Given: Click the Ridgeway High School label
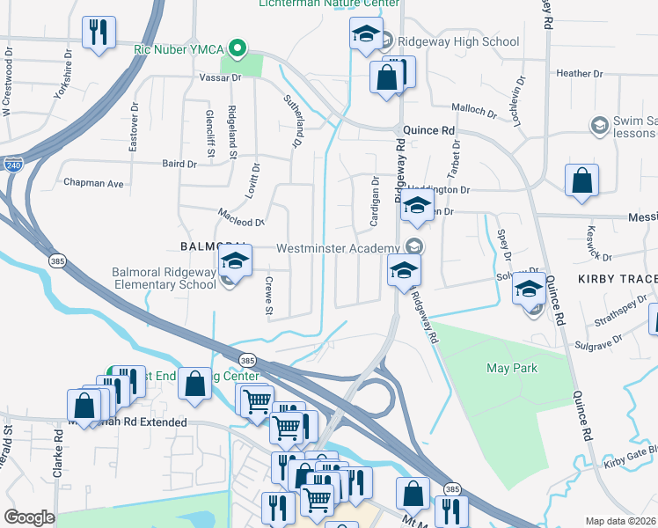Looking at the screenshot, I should [x=458, y=41].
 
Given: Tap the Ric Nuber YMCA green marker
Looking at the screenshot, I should [x=236, y=48].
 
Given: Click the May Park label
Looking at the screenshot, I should [x=512, y=367].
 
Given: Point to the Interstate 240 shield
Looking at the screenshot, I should [x=12, y=165].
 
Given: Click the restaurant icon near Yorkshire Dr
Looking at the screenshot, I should [x=98, y=33].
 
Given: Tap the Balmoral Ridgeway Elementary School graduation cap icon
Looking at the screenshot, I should [x=236, y=260].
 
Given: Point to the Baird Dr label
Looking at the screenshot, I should [x=179, y=164].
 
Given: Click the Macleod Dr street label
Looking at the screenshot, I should [x=241, y=223].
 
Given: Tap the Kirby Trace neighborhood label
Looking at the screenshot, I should [x=617, y=279].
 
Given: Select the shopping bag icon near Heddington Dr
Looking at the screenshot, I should [x=581, y=182].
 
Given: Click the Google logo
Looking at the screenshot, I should [x=29, y=517].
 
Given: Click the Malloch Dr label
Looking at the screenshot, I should [x=474, y=110].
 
